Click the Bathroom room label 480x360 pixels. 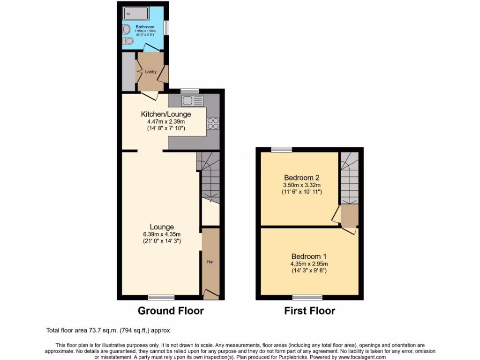click(x=145, y=27)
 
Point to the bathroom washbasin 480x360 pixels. click(x=127, y=42)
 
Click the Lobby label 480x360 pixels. click(x=150, y=72)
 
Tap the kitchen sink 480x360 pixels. click(x=193, y=100)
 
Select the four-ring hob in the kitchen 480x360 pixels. click(x=213, y=123)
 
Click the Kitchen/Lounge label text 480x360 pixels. click(x=166, y=114)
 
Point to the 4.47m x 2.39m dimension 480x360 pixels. click(x=166, y=121)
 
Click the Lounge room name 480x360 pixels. click(x=162, y=227)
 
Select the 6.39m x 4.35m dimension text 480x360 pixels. click(x=162, y=234)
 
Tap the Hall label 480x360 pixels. click(x=210, y=262)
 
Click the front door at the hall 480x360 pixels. click(x=211, y=294)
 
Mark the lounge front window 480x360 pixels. click(x=161, y=297)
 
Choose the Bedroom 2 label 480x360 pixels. click(x=302, y=178)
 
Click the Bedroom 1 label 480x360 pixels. click(x=309, y=256)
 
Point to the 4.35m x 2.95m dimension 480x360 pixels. click(x=309, y=263)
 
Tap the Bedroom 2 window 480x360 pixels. click(x=281, y=150)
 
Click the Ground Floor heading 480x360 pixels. click(x=171, y=310)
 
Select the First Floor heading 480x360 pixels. click(x=309, y=310)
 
